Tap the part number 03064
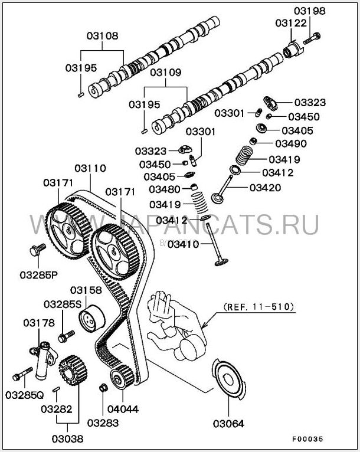[x=229, y=423]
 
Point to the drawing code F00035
[x=307, y=439]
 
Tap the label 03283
[x=103, y=422]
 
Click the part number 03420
[x=265, y=188]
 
